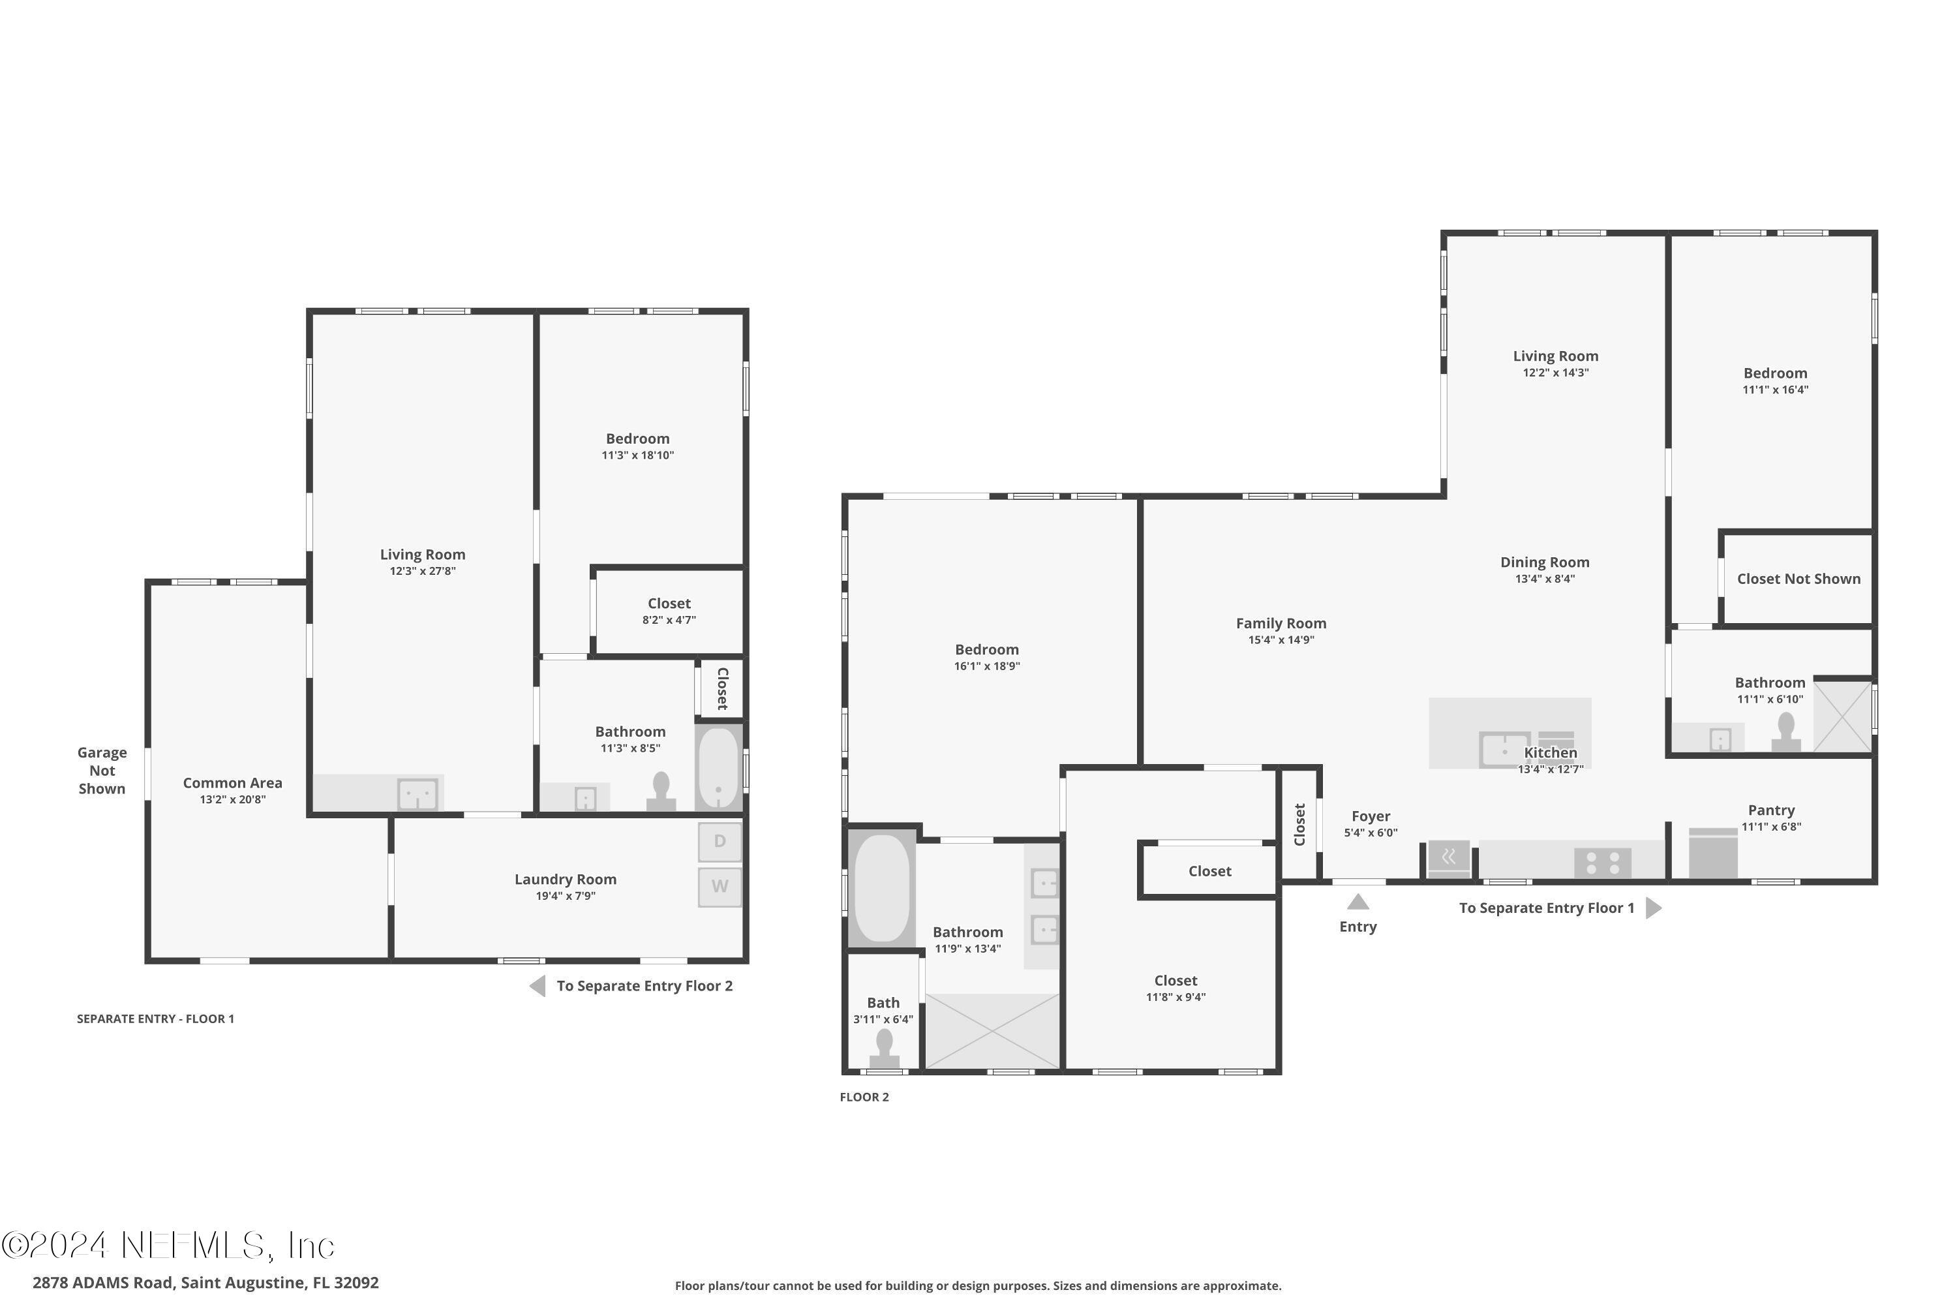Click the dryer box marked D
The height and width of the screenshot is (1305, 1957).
(719, 842)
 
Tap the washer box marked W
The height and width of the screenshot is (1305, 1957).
(719, 886)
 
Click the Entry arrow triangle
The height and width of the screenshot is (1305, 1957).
(1358, 902)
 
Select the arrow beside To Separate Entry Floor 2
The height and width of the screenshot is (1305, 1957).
(538, 986)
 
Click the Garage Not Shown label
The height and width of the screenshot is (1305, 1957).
(102, 771)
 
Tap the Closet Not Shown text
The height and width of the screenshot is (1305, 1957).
(1798, 579)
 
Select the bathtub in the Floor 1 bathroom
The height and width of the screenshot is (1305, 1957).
(718, 767)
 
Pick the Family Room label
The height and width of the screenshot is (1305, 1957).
(1281, 623)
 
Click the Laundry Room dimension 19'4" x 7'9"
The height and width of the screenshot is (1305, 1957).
(565, 897)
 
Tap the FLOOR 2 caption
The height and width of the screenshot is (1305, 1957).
(864, 1097)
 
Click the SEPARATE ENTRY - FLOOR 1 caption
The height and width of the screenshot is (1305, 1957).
(156, 1019)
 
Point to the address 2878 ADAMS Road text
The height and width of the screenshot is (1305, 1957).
(205, 1283)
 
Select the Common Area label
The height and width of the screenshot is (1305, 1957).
(232, 783)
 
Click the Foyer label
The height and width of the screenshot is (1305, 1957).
(1371, 816)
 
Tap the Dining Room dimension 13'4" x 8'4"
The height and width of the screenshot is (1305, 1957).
(1544, 579)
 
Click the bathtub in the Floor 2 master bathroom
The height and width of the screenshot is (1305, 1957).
(881, 888)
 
